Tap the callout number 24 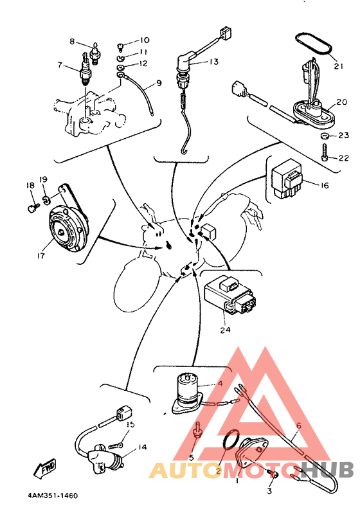click(225, 330)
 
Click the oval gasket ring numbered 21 click(314, 44)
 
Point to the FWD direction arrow click(45, 469)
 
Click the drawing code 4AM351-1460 click(53, 496)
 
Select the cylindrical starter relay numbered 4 click(187, 393)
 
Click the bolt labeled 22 click(325, 152)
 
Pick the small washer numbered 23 click(325, 136)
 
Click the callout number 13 click(213, 62)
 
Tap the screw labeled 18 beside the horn click(33, 208)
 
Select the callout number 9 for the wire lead click(159, 83)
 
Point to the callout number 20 click(342, 102)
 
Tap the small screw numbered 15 click(116, 445)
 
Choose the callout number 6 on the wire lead click(299, 426)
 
